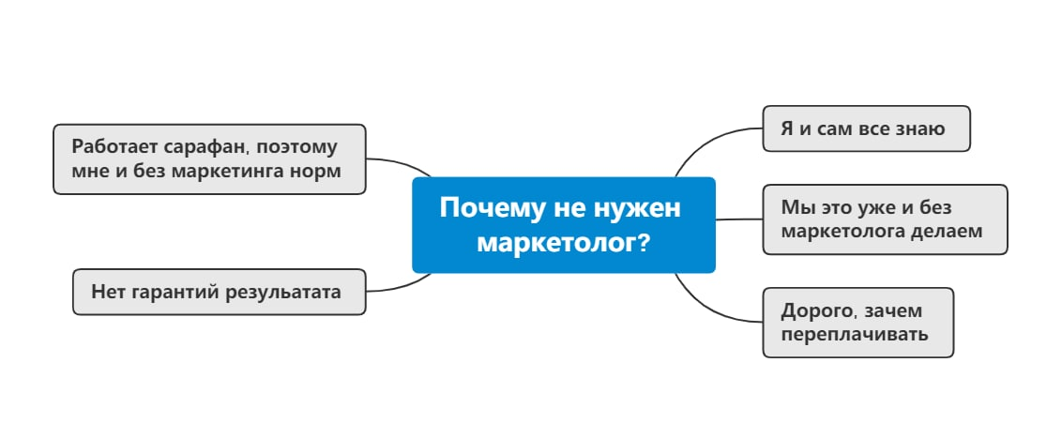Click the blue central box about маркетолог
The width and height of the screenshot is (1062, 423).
tap(563, 224)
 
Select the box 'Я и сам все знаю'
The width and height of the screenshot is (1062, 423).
tap(865, 128)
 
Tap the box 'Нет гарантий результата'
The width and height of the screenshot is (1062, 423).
tap(219, 292)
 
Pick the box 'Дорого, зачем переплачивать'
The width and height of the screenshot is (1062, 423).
tap(857, 322)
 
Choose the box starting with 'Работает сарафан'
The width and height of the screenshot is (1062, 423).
tap(208, 159)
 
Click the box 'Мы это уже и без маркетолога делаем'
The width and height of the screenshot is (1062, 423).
tap(884, 219)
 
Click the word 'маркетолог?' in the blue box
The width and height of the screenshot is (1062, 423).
tap(563, 243)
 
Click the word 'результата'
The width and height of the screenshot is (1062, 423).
tap(284, 292)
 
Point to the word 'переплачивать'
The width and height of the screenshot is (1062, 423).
tap(855, 334)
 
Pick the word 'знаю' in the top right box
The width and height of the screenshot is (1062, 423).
tap(920, 128)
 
